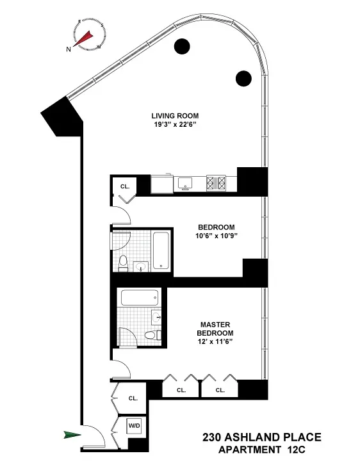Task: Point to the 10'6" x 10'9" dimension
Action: tap(216, 236)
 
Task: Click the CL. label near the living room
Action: tap(126, 186)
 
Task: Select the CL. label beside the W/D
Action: tap(133, 398)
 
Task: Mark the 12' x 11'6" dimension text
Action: tap(215, 342)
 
